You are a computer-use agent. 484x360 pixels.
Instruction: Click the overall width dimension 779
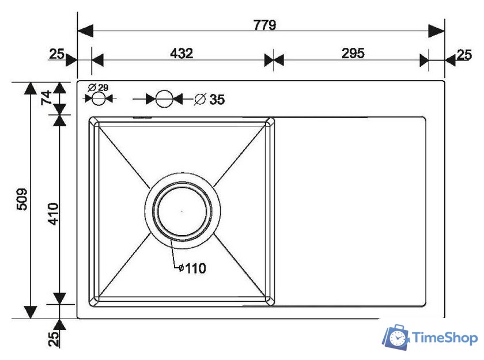pyautogui.click(x=264, y=25)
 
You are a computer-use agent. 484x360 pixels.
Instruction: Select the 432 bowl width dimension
pyautogui.click(x=181, y=54)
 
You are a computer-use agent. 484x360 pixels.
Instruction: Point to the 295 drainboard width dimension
pyautogui.click(x=353, y=54)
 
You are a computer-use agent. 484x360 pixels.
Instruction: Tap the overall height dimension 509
pyautogui.click(x=22, y=199)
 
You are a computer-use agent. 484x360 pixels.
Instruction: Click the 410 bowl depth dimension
pyautogui.click(x=53, y=214)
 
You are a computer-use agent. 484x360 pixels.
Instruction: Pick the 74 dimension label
pyautogui.click(x=47, y=97)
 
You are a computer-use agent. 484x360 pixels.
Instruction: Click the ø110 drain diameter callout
pyautogui.click(x=192, y=268)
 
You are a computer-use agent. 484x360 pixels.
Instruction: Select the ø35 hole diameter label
pyautogui.click(x=209, y=99)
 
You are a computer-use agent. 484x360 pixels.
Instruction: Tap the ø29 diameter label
pyautogui.click(x=98, y=88)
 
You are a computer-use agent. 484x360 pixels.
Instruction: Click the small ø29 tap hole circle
pyautogui.click(x=99, y=98)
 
